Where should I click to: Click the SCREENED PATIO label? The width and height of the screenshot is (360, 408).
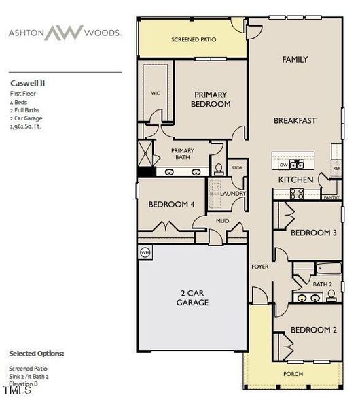[194, 40]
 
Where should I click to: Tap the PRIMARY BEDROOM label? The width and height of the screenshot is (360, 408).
[212, 99]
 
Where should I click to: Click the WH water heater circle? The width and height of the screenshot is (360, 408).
[144, 252]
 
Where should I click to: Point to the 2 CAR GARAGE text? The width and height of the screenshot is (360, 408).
[192, 298]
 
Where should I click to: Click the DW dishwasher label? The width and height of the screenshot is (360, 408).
[283, 164]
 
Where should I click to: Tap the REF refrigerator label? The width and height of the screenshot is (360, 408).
[336, 168]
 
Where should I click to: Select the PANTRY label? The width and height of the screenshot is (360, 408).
[331, 197]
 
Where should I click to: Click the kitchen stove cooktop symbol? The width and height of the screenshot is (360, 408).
[297, 193]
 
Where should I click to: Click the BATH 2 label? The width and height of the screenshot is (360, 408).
[323, 284]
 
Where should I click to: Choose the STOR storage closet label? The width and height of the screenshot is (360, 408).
[236, 167]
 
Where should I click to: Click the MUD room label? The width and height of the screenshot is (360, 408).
[221, 221]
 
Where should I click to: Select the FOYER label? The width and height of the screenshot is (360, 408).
[259, 267]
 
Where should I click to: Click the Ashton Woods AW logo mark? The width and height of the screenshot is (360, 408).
[63, 32]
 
